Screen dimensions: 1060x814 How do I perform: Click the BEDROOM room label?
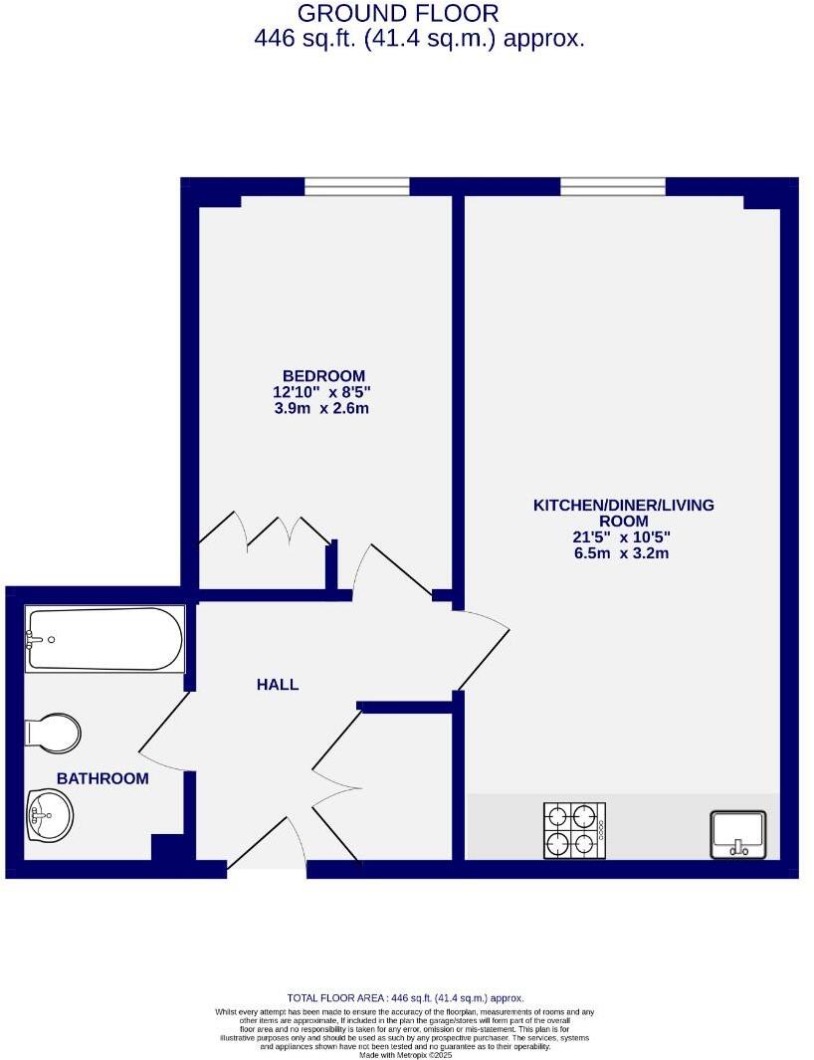click(323, 375)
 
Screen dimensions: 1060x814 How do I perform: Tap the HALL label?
click(278, 685)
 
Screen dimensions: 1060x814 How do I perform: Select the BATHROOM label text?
click(102, 778)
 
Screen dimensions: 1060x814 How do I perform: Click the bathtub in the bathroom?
click(104, 640)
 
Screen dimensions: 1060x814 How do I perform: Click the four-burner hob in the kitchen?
click(574, 830)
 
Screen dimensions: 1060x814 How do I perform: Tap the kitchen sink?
click(737, 834)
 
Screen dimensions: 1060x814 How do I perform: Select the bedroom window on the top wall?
click(356, 186)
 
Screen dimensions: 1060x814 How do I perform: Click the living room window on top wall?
click(612, 186)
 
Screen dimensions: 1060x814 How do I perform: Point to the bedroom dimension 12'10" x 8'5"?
click(323, 392)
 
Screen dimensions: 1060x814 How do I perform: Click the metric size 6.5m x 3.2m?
click(623, 553)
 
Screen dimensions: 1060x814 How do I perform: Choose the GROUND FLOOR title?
click(398, 14)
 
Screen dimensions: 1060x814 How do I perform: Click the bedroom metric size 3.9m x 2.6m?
click(323, 409)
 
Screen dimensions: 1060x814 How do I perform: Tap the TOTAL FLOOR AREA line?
click(405, 997)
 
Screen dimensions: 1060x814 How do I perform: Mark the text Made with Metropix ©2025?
click(405, 1054)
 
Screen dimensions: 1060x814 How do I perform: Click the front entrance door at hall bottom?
click(267, 846)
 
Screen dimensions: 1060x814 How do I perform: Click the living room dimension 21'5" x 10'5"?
click(623, 537)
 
